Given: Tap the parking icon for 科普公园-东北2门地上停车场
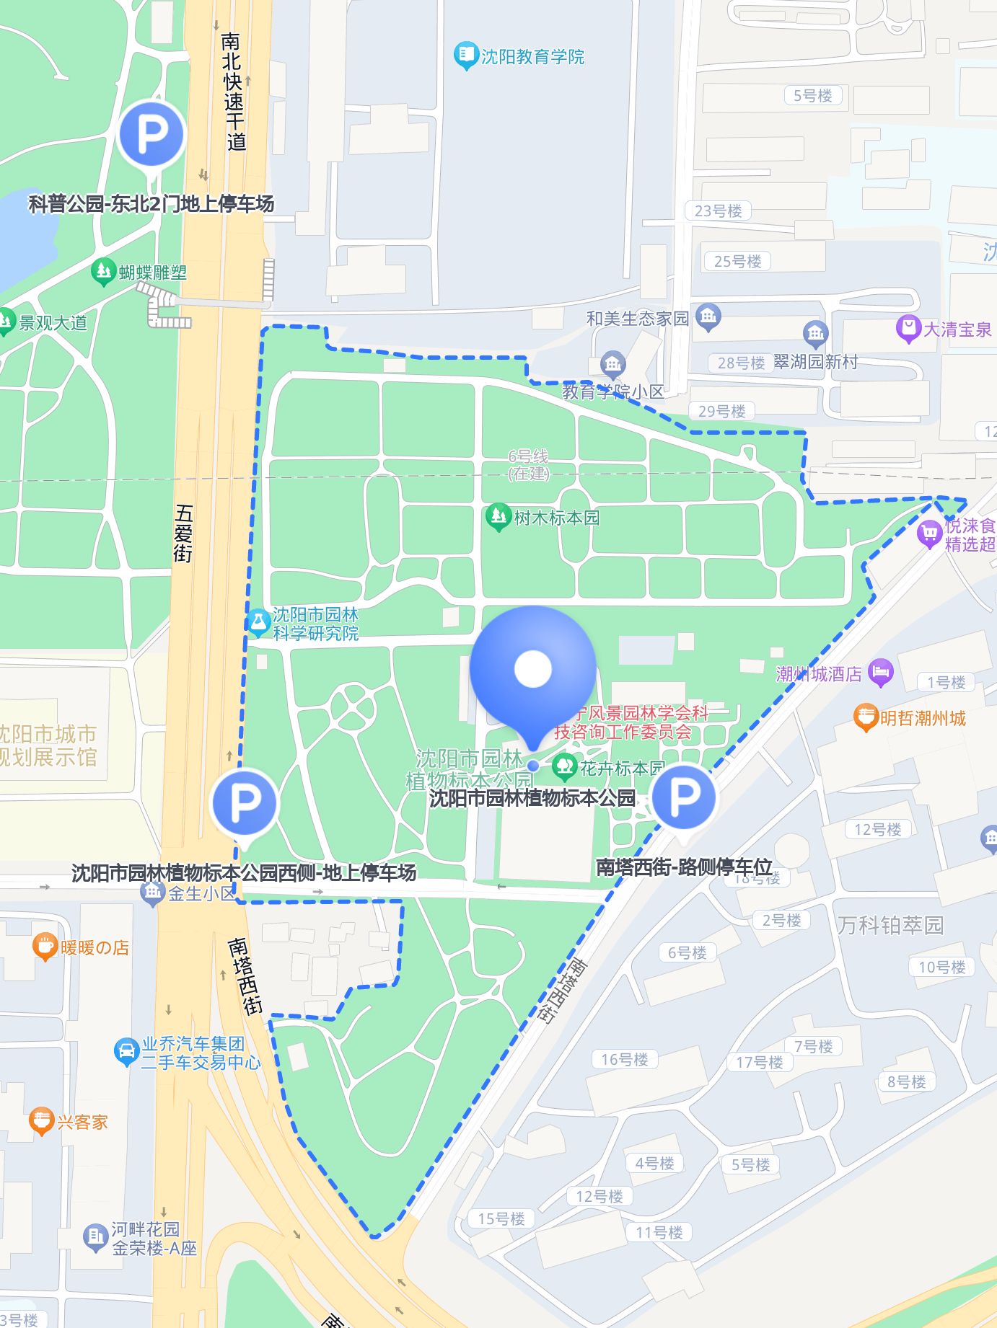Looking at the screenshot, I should [151, 134].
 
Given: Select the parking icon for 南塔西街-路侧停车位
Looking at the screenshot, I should [683, 797].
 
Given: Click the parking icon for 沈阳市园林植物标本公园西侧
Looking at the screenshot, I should [245, 802].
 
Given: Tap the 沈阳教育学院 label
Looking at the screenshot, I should [532, 56].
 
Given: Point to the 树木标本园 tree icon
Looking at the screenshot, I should [498, 517].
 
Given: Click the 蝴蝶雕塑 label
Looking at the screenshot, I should [153, 273].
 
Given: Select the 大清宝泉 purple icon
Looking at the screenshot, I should [908, 329].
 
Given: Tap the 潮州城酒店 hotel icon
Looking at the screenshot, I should [880, 673].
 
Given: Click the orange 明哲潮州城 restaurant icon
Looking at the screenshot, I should [865, 717].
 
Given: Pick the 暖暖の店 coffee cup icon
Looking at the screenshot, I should [45, 947].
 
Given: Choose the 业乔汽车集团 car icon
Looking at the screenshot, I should [126, 1052].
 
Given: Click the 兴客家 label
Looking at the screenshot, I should [82, 1122].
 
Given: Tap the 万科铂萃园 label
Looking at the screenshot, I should [890, 925].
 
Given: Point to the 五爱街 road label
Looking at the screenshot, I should [184, 534].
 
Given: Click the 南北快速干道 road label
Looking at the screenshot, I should [233, 92].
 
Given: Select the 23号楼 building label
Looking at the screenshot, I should [718, 211].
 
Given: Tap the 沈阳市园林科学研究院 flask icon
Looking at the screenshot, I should [258, 623].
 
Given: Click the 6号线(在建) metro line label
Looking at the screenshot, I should [529, 465].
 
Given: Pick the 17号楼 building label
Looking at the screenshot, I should [759, 1062].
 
